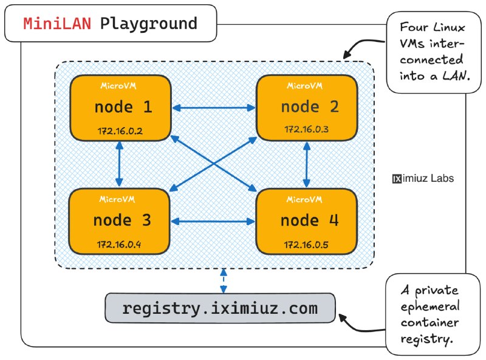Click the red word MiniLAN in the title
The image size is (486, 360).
click(57, 24)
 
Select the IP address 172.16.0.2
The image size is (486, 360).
click(120, 131)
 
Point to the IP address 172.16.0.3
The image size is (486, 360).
click(307, 129)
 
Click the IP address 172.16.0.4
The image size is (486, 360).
click(119, 244)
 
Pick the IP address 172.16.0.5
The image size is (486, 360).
click(306, 245)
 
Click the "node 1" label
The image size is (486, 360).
click(123, 107)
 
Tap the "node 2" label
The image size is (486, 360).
click(310, 107)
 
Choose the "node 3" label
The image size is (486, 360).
click(122, 220)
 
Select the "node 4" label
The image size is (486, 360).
click(310, 220)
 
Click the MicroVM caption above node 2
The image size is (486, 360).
click(305, 86)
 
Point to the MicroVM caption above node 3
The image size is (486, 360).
click(117, 199)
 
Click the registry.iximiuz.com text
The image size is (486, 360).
click(220, 308)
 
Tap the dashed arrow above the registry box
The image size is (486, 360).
click(224, 281)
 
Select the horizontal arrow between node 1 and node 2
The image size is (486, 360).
click(214, 108)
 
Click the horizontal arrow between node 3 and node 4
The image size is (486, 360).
click(213, 221)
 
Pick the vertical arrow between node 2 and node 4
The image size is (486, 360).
click(307, 165)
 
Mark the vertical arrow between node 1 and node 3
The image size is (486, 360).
click(119, 164)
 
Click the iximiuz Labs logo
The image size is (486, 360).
click(423, 178)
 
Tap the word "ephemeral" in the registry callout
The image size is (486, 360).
click(430, 306)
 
